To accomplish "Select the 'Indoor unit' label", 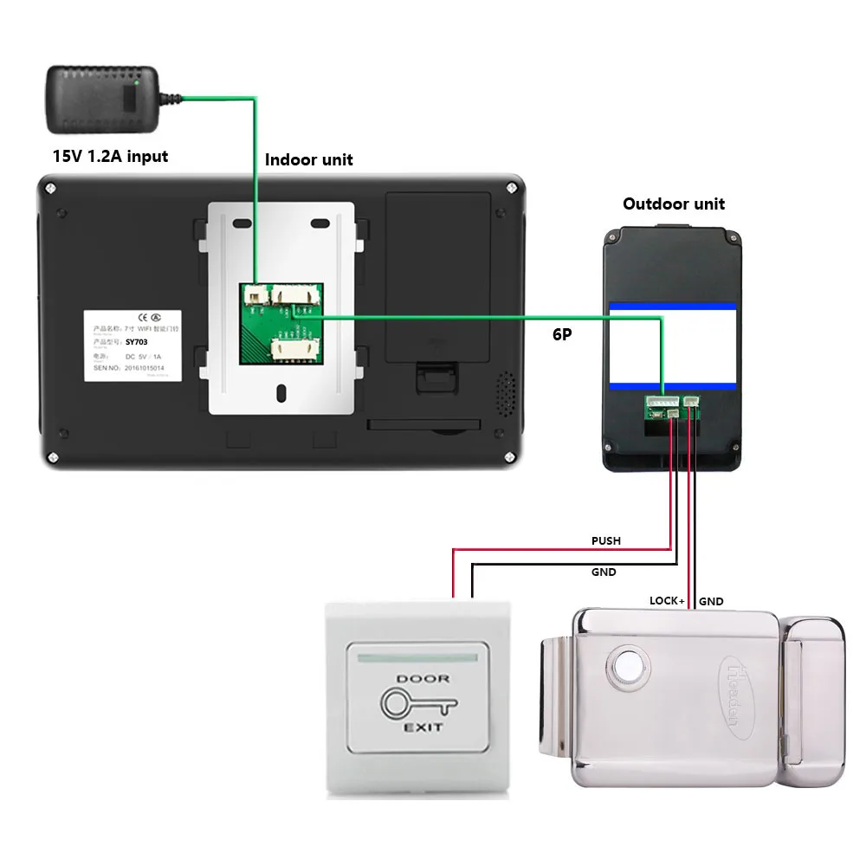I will click(308, 159).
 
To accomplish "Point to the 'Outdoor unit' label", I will click(674, 204).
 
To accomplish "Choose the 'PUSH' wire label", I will click(605, 541).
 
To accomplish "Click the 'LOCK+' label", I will click(667, 600).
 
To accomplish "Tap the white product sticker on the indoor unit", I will click(133, 343).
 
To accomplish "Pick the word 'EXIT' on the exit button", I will click(423, 728).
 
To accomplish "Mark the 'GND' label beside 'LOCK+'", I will click(711, 601).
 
